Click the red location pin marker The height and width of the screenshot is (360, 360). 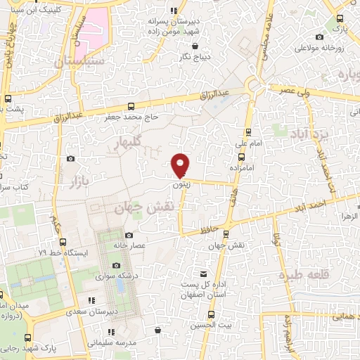point(181,165)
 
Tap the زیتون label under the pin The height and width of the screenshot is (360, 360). point(181,186)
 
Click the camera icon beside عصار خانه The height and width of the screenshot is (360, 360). point(129,236)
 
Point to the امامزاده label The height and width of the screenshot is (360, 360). point(241,169)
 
